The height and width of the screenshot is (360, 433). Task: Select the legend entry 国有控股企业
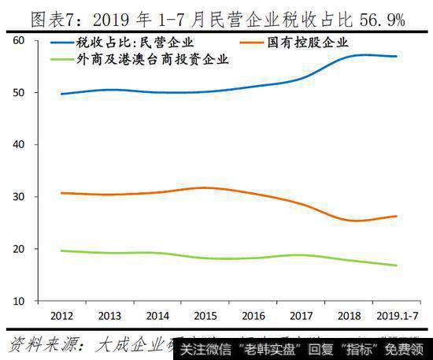(308, 43)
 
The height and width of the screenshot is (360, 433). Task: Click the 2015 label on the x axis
(205, 316)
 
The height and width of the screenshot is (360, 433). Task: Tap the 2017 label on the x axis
(301, 316)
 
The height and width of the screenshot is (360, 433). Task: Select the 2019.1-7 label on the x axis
(396, 316)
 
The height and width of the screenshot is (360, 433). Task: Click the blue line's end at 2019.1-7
(396, 57)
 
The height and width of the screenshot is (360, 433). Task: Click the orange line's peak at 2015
(205, 187)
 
